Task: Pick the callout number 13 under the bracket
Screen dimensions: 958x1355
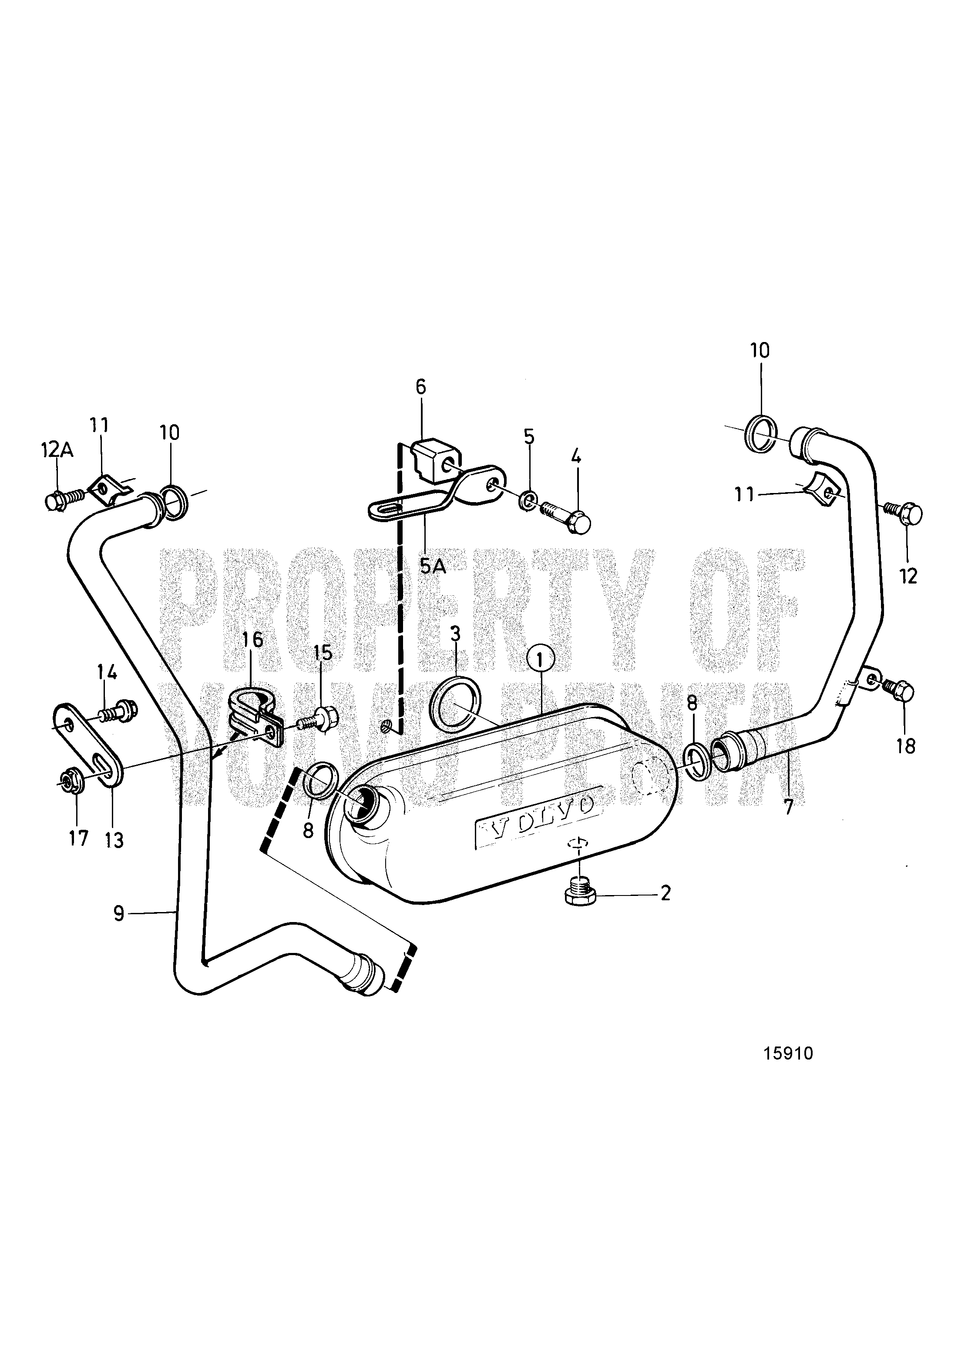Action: tap(114, 840)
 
